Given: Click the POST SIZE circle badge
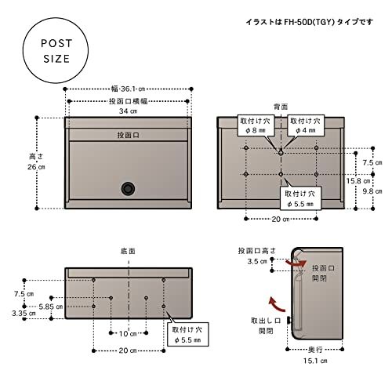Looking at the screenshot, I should [54, 53].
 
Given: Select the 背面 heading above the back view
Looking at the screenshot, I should [281, 105].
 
